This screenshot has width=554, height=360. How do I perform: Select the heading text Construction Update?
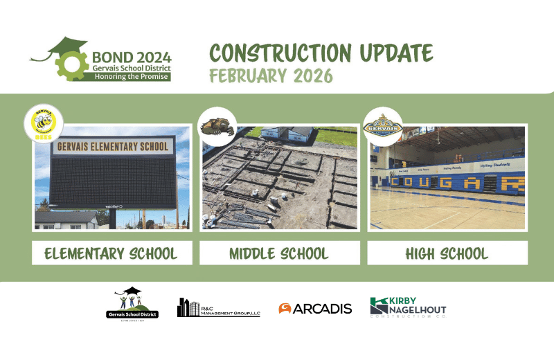pyautogui.click(x=321, y=53)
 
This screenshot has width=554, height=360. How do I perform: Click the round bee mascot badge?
pyautogui.click(x=43, y=123)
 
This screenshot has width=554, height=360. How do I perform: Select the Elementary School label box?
pyautogui.click(x=111, y=253)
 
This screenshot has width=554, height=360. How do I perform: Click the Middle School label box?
pyautogui.click(x=279, y=253)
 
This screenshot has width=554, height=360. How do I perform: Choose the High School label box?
pyautogui.click(x=447, y=253)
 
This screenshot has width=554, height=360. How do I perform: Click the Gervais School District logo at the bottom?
pyautogui.click(x=132, y=304)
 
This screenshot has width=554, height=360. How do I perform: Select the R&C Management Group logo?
pyautogui.click(x=218, y=308)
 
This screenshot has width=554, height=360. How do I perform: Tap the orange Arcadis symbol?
pyautogui.click(x=285, y=309)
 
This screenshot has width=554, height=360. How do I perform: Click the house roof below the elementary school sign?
pyautogui.click(x=66, y=216)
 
